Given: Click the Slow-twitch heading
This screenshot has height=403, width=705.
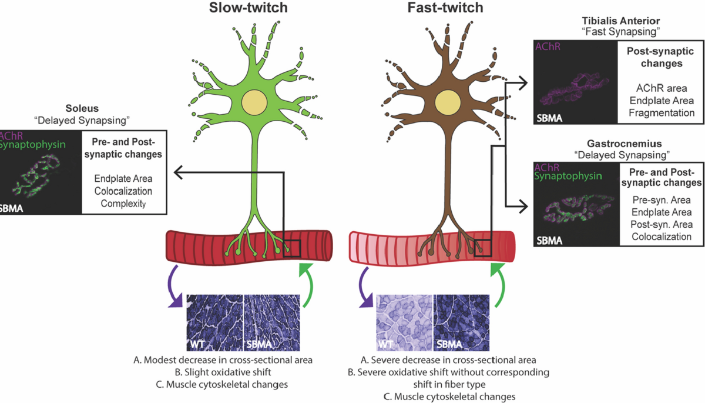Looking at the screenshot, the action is (249, 8).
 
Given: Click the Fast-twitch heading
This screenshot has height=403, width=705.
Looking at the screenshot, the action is (445, 8).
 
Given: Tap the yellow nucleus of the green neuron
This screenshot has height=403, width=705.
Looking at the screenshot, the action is (254, 102).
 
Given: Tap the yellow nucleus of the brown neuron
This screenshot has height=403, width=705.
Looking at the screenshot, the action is (448, 102).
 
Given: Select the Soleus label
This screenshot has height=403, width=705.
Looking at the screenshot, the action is (82, 108).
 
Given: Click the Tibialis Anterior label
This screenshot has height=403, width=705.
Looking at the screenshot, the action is (620, 21).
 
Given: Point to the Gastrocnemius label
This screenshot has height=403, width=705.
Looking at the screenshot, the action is (625, 144).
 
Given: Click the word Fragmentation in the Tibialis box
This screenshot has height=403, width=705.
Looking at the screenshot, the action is (662, 113).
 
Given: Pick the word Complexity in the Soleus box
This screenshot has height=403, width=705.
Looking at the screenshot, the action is (123, 204).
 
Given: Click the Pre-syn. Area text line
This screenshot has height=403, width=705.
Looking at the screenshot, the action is (662, 200).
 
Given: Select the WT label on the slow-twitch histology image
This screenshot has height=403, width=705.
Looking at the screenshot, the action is (197, 344).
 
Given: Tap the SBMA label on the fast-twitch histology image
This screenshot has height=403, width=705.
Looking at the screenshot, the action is (449, 344).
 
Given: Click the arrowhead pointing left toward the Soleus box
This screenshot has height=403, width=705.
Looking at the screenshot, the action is (178, 172).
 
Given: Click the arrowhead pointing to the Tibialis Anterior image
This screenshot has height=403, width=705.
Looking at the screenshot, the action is (523, 83).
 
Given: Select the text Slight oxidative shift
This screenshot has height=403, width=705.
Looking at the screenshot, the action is (223, 372).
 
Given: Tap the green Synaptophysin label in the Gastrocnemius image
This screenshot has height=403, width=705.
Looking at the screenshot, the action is (568, 176).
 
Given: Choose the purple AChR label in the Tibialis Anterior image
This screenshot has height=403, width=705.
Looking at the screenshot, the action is (548, 46).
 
